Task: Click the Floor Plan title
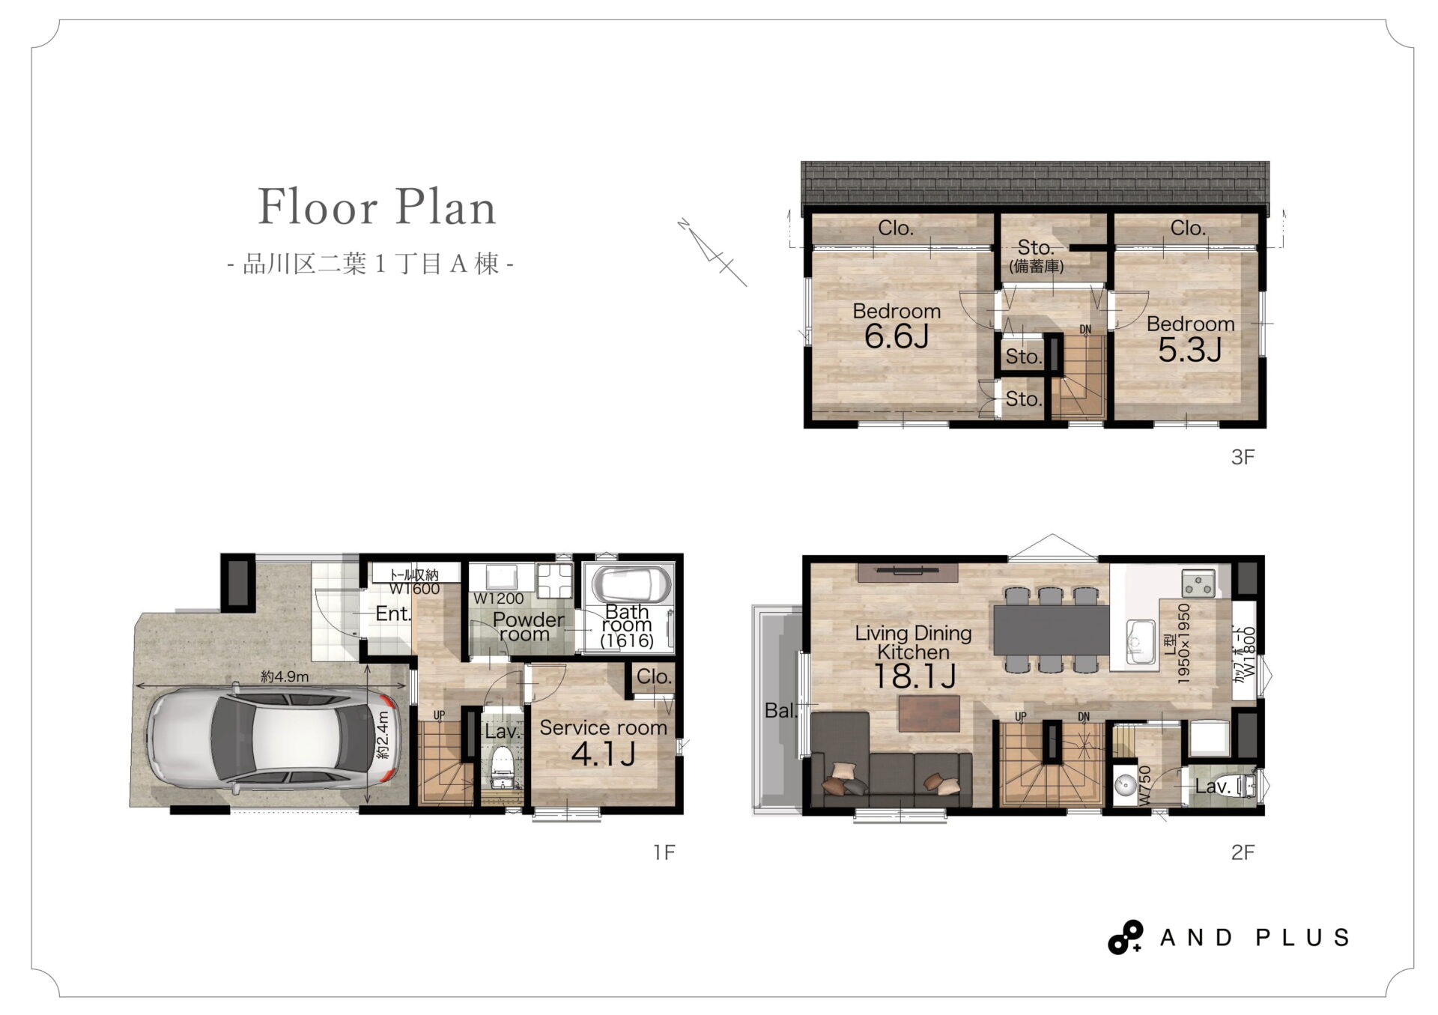coord(377,207)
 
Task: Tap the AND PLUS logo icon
coord(1125,937)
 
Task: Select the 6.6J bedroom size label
coord(897,337)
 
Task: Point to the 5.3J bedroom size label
coord(1190,350)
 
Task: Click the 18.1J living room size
coord(914,676)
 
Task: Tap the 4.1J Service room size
coord(603,754)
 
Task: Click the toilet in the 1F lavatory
coord(501,772)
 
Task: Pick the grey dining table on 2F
coord(1051,629)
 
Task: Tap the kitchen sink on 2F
coord(1140,641)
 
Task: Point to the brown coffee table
coord(929,713)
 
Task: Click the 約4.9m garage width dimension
coord(285,677)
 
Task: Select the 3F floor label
coord(1243,457)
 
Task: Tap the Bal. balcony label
coord(781,711)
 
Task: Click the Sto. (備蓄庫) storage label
coord(1036,255)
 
